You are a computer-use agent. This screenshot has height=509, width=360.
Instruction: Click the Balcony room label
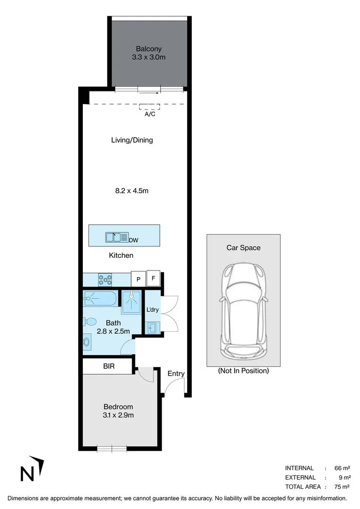(148, 49)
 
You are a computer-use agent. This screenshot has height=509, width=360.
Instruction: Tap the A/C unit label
(150, 114)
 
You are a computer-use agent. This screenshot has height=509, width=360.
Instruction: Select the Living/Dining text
(132, 140)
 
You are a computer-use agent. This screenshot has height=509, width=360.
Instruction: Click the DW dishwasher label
(134, 240)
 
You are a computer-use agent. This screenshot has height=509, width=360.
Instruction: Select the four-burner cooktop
(106, 280)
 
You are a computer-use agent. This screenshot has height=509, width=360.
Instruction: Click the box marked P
(138, 279)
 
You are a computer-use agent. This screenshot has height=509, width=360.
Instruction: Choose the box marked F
(153, 278)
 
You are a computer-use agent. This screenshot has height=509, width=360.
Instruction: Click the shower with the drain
(132, 300)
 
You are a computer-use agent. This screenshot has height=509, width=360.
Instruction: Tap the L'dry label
(153, 310)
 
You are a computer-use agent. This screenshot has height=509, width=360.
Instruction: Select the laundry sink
(152, 328)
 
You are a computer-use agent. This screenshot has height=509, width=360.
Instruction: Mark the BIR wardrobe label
(109, 366)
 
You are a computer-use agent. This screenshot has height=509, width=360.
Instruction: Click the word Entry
(176, 374)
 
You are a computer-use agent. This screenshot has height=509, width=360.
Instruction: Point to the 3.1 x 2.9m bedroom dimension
(118, 415)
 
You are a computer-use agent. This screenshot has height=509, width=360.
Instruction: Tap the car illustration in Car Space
(243, 311)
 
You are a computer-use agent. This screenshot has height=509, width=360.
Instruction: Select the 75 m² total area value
(342, 487)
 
